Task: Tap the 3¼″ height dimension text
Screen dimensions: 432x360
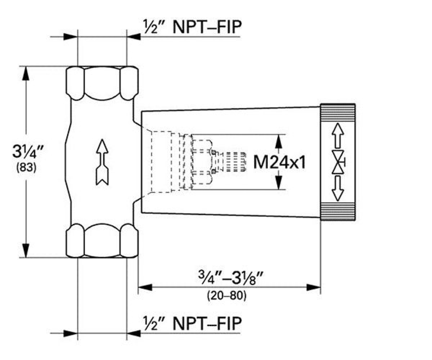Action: click(28, 152)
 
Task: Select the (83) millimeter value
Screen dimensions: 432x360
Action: click(26, 167)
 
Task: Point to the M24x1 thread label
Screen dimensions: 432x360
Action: click(279, 162)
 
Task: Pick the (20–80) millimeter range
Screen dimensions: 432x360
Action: click(227, 296)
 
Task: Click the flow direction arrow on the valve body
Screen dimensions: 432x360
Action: click(102, 162)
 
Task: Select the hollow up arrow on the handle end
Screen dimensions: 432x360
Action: click(338, 135)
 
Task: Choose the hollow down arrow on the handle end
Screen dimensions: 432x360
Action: click(338, 189)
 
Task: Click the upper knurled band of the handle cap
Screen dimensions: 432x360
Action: click(338, 113)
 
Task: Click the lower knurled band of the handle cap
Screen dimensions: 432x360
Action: click(338, 211)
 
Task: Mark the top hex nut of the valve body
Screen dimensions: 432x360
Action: click(102, 83)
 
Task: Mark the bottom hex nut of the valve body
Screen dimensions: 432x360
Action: click(102, 240)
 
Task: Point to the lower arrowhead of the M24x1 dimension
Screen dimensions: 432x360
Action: click(279, 183)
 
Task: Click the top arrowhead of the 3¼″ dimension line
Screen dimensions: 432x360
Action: click(26, 73)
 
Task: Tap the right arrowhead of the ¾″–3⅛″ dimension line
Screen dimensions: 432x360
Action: click(314, 287)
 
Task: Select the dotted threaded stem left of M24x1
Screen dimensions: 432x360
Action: click(236, 162)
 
